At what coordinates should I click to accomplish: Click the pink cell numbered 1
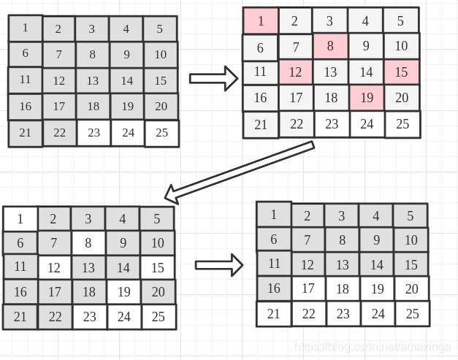[261, 20]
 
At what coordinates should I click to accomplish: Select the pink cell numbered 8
[330, 47]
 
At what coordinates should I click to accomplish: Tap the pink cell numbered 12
[295, 72]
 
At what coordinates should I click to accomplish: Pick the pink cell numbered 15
[401, 72]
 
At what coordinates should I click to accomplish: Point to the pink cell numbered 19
[366, 98]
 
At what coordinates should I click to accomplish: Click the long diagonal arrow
[240, 171]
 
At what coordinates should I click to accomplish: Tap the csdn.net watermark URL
[370, 348]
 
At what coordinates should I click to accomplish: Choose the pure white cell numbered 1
[20, 218]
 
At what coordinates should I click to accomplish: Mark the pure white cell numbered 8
[88, 243]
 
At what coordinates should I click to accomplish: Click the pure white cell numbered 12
[54, 268]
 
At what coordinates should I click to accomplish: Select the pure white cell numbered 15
[158, 268]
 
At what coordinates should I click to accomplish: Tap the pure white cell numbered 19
[123, 292]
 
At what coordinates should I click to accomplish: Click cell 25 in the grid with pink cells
[402, 124]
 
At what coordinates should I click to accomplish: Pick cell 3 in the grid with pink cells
[330, 20]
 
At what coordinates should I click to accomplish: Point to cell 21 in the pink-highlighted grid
[261, 124]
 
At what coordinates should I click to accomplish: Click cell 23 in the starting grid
[93, 133]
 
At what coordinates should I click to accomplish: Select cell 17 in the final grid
[308, 288]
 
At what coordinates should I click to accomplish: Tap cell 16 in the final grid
[274, 288]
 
